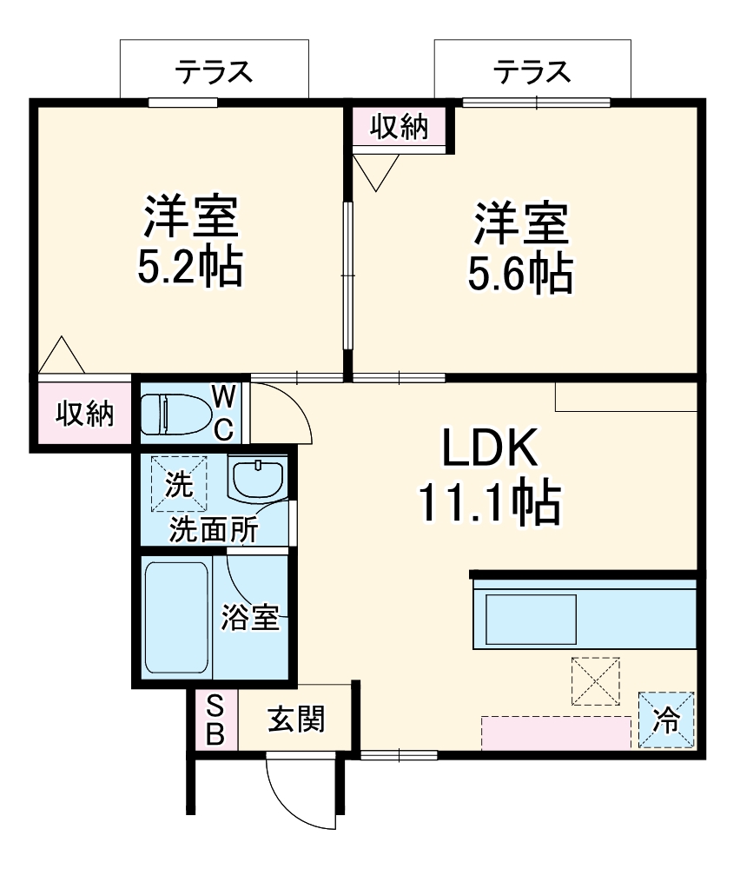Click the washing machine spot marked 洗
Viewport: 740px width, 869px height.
[x=180, y=485]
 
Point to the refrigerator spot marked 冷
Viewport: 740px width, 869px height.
[x=667, y=720]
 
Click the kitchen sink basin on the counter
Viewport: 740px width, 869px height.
[x=531, y=618]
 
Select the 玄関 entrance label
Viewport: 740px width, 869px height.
[x=296, y=720]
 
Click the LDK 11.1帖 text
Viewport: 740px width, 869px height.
[x=491, y=477]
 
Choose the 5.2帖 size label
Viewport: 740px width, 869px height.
[x=190, y=269]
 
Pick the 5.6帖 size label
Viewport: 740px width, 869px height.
[x=520, y=273]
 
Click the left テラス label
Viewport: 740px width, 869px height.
[x=214, y=71]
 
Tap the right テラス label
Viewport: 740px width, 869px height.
[x=532, y=71]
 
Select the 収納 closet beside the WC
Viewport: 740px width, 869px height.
[x=85, y=415]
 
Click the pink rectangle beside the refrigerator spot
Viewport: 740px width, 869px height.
[x=556, y=733]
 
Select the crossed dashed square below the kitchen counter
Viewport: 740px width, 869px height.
[x=595, y=680]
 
